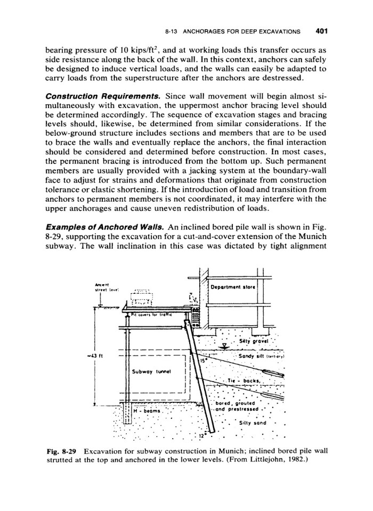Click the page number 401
click(x=321, y=30)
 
